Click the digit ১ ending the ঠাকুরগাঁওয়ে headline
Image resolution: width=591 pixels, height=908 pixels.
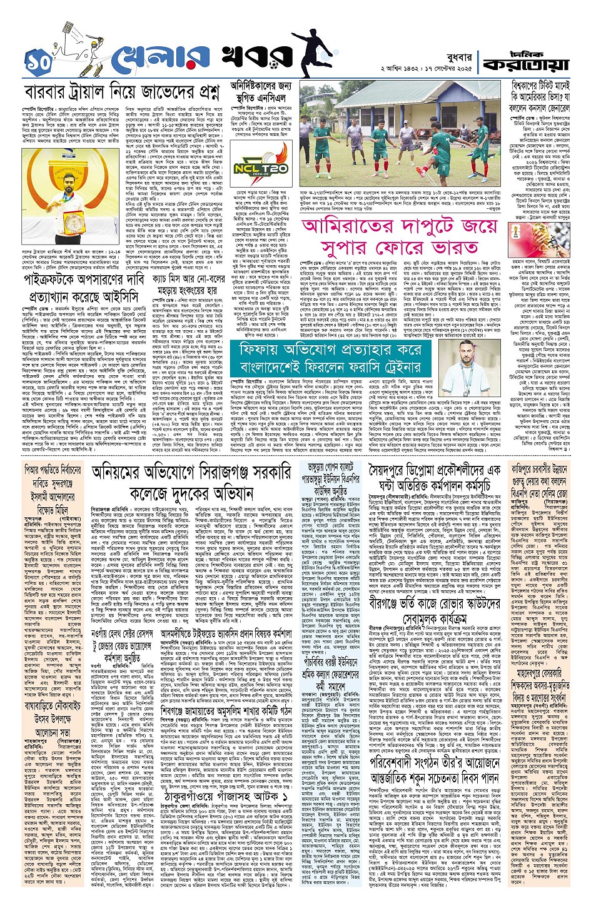coord(285,799)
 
